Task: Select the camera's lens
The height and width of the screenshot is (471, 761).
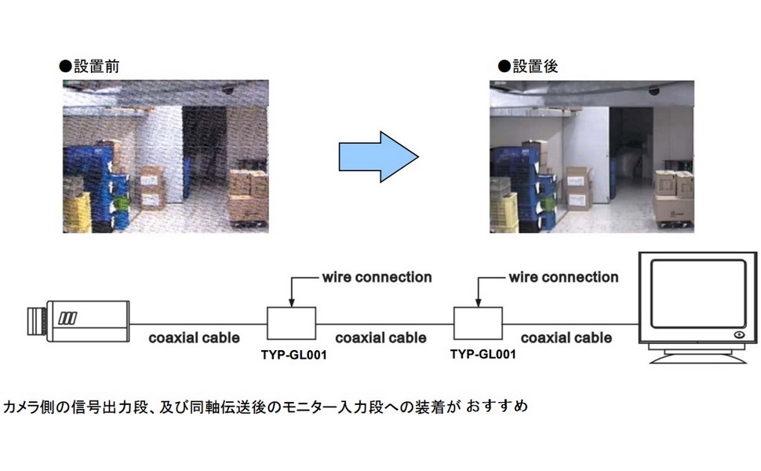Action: [x=36, y=318]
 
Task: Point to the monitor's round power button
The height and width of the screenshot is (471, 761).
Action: [x=738, y=335]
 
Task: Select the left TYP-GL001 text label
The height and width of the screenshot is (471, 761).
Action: [x=293, y=355]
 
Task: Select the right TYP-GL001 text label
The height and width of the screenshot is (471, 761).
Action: [x=483, y=354]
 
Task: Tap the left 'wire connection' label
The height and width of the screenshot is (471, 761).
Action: [x=377, y=277]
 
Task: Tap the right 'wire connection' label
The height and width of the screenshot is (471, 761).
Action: [x=563, y=277]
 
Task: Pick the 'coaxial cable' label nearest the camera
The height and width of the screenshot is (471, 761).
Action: [x=195, y=338]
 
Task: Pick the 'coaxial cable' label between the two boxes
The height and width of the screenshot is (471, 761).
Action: [x=380, y=338]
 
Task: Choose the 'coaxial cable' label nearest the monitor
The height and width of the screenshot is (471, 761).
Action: [x=566, y=338]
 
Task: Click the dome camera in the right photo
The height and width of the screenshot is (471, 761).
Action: [x=654, y=91]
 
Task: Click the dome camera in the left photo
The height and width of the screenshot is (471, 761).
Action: [x=228, y=91]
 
